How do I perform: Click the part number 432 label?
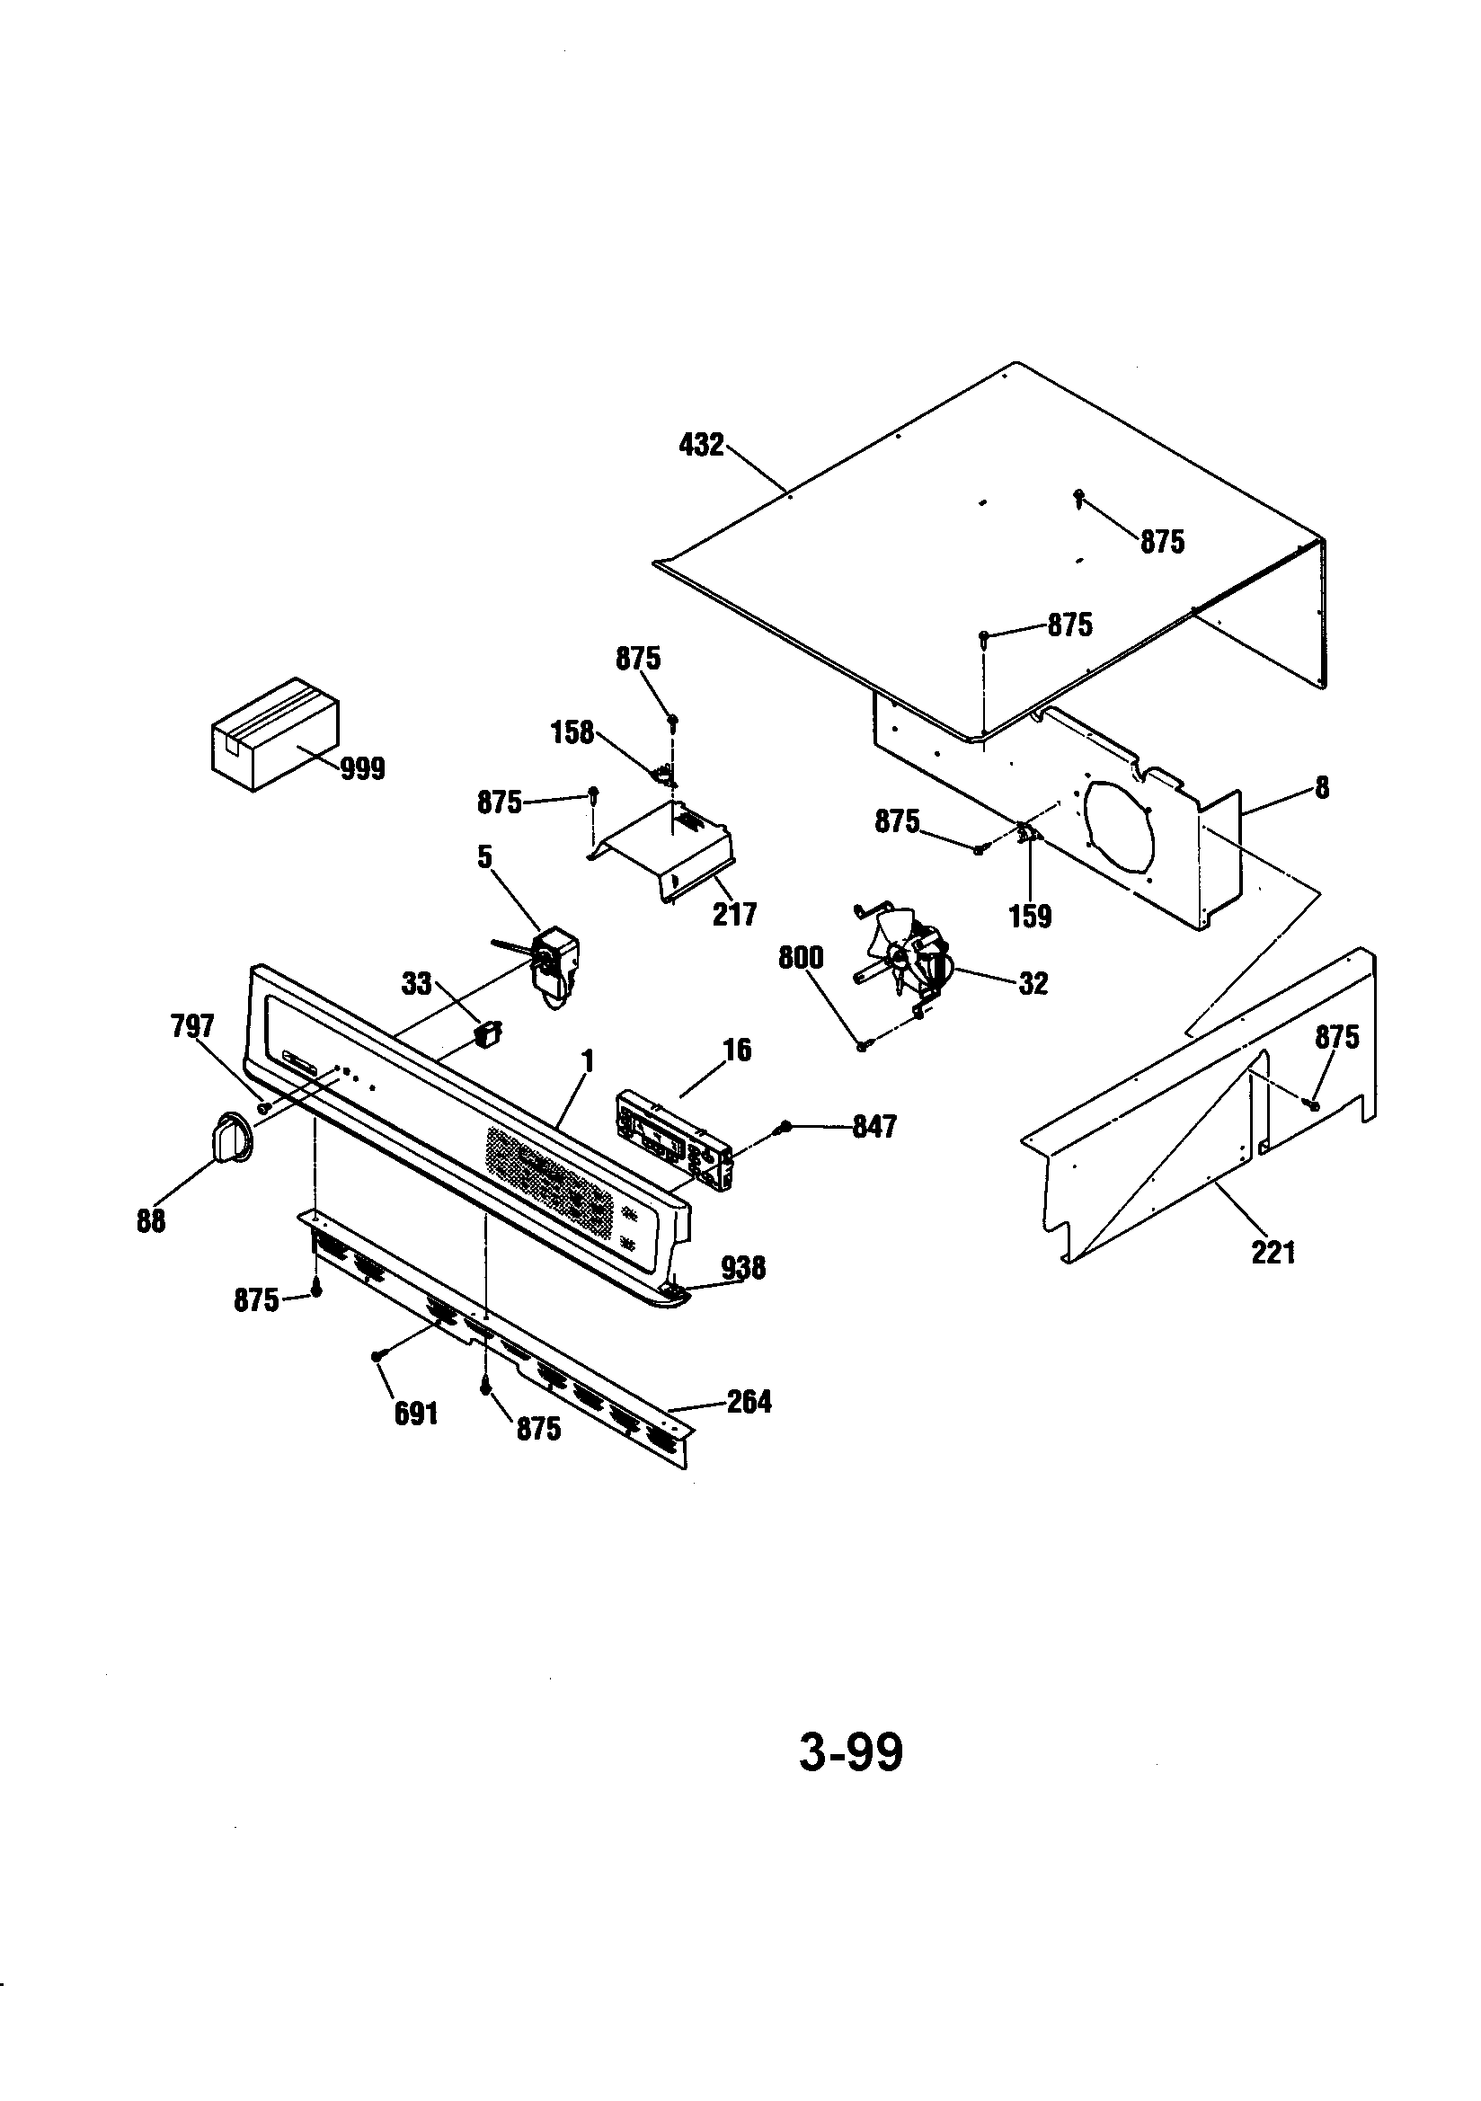(701, 446)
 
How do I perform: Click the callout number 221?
(1273, 1252)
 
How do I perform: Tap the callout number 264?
(749, 1401)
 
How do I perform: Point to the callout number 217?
(735, 913)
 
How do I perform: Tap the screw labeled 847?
(784, 1127)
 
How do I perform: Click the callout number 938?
(743, 1267)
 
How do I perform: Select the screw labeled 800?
(862, 1044)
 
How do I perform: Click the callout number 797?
(192, 1027)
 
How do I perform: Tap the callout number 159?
(1030, 916)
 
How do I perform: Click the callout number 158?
(572, 733)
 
